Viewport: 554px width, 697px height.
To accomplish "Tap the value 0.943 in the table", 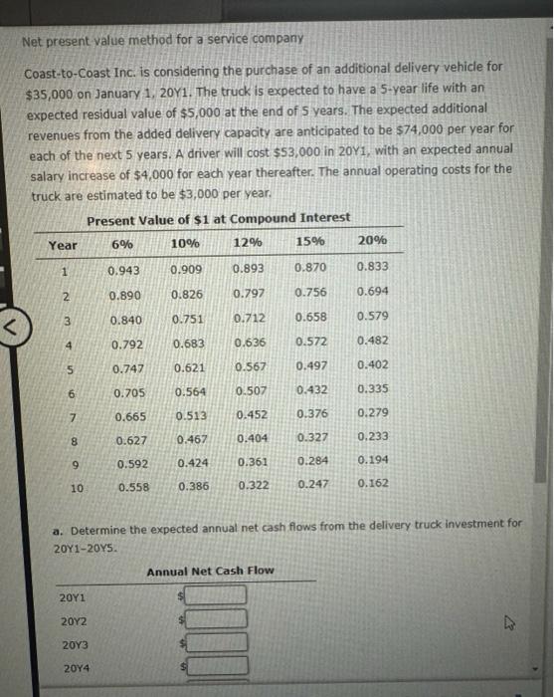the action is coord(123,269).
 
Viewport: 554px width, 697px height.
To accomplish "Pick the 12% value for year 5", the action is coord(249,366).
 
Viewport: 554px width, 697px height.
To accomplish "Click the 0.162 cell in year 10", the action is coord(372,484).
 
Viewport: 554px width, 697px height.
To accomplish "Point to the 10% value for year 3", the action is coord(187,319).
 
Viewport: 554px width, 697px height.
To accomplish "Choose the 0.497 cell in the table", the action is coord(312,366).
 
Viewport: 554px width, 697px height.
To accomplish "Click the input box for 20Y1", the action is coord(217,595).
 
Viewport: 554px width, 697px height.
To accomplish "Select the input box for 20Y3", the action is coord(217,643).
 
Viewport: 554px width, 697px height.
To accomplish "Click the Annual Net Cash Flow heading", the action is coord(210,571).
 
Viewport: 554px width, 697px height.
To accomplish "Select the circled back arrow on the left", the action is coord(13,323).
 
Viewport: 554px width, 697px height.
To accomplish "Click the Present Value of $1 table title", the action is coord(218,218).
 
